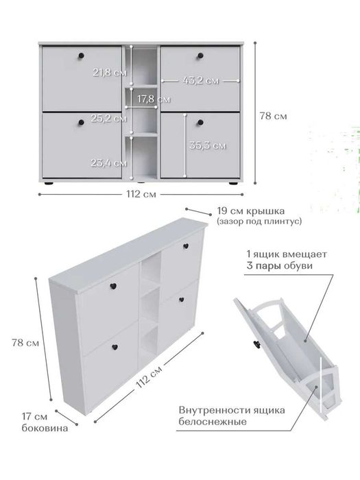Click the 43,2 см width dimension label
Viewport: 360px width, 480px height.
coord(201,81)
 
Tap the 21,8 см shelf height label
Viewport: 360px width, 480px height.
coord(110,73)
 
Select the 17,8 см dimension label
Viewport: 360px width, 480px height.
coord(154,99)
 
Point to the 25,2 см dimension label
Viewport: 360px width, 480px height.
coord(108,118)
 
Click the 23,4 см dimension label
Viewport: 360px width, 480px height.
coord(108,163)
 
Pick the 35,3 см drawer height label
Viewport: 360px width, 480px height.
coord(208,145)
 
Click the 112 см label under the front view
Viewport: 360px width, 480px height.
coord(141,194)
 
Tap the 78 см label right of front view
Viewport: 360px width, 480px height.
coord(274,116)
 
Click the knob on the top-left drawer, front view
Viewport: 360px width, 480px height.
coord(81,56)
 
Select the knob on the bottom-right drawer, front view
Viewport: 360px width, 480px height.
coord(200,123)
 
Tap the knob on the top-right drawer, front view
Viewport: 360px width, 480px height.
coord(200,56)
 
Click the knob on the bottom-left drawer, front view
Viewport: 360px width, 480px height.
coord(81,123)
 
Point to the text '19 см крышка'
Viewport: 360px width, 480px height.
coord(251,211)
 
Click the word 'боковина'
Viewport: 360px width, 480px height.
coord(45,428)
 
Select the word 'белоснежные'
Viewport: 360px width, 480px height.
coord(213,422)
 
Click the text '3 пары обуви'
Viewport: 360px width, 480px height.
coord(280,265)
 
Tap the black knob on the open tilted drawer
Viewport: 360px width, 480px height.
coord(256,345)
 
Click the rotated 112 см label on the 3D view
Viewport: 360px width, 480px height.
coord(149,377)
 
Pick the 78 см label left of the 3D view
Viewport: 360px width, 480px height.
coord(25,343)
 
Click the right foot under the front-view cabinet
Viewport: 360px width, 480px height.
coord(233,183)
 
